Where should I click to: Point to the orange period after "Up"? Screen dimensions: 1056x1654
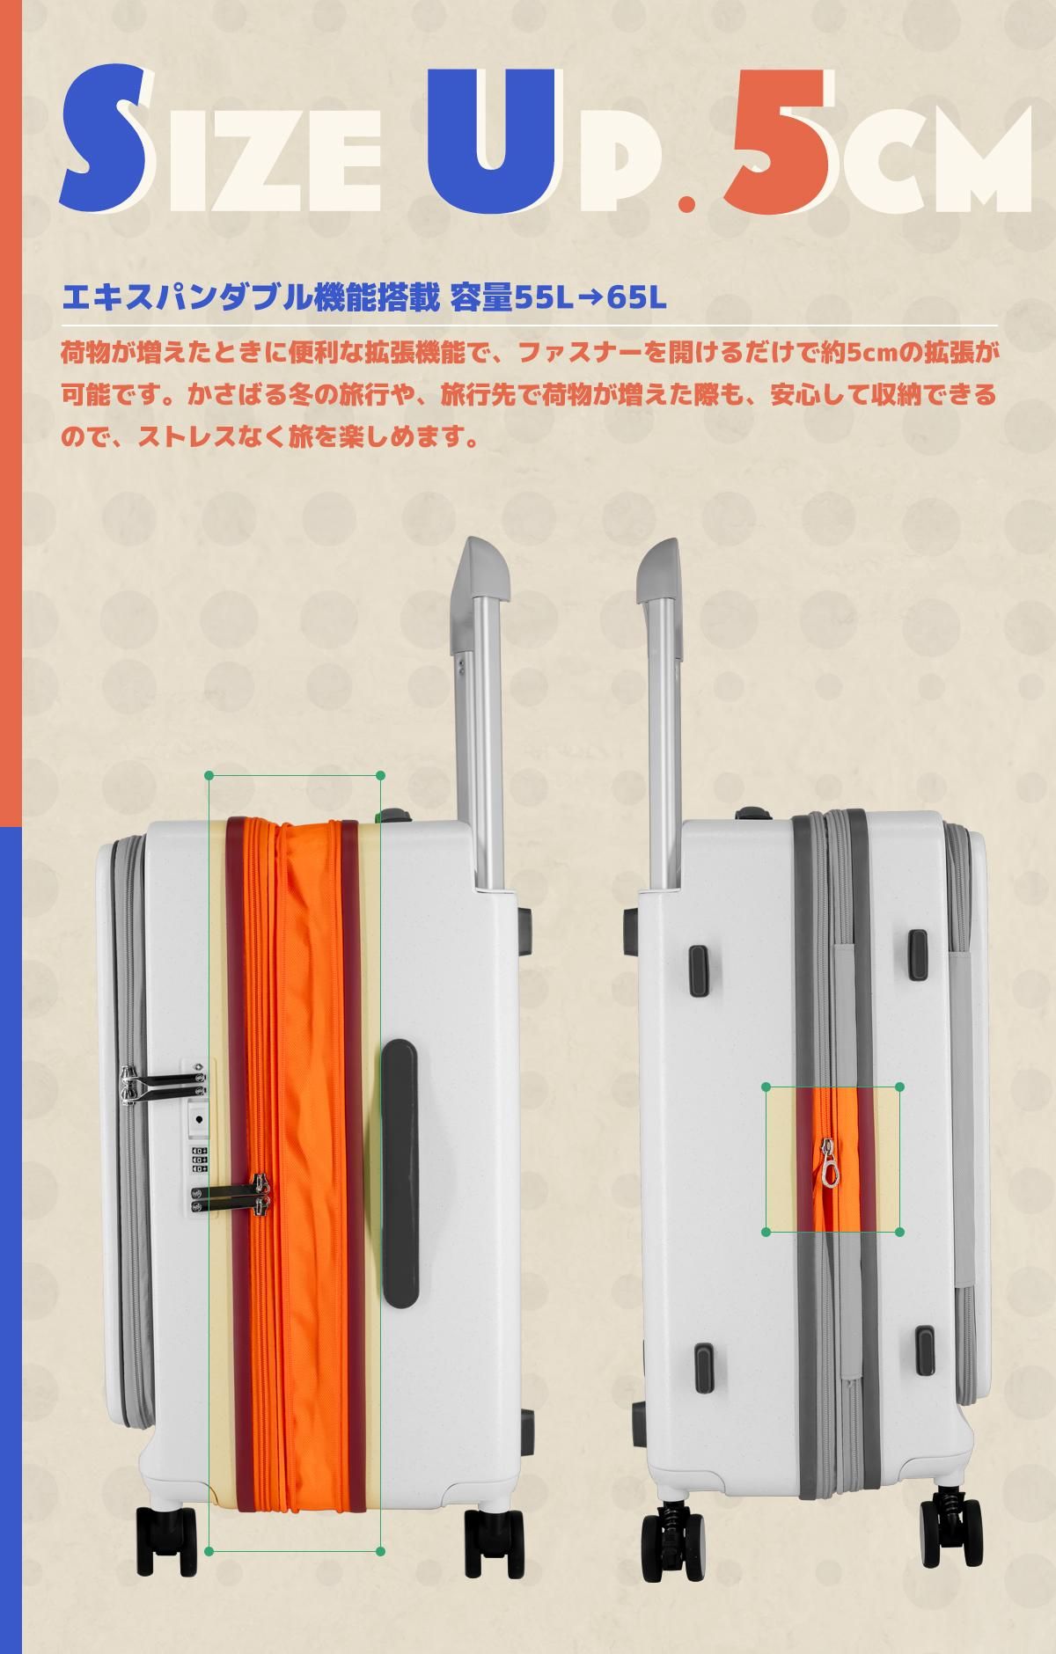click(686, 203)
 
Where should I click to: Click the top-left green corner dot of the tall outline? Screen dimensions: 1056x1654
click(209, 775)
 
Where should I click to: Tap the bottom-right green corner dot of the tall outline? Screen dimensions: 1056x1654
click(380, 1551)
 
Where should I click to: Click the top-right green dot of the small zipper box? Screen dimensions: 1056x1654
click(899, 1087)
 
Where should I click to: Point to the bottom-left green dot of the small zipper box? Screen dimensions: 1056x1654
click(766, 1233)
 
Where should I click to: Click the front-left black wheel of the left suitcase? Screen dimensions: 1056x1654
click(165, 1540)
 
